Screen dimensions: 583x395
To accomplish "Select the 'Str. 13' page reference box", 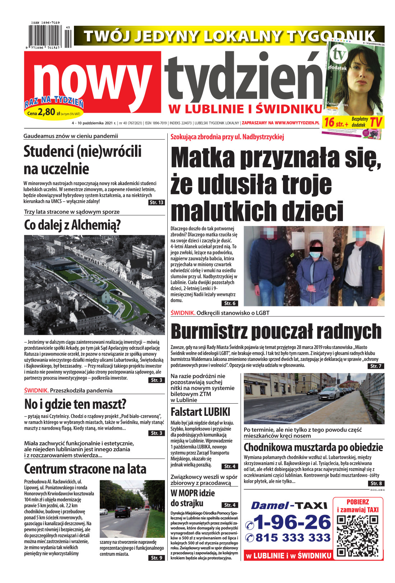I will pyautogui.click(x=156, y=202).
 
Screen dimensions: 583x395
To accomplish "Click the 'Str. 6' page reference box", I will pyautogui.click(x=229, y=303).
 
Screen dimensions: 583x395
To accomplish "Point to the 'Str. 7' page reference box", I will pyautogui.click(x=376, y=366).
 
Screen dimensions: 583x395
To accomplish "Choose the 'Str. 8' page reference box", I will pyautogui.click(x=376, y=483).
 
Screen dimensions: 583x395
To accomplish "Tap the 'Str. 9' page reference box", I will pyautogui.click(x=157, y=558).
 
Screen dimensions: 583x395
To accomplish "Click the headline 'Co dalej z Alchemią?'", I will pyautogui.click(x=72, y=225).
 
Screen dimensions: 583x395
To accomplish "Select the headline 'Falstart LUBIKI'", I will pyautogui.click(x=200, y=412).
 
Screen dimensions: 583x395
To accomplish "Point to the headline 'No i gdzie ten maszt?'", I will pyautogui.click(x=75, y=404).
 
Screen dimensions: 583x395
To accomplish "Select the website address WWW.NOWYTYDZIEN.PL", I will pyautogui.click(x=297, y=123).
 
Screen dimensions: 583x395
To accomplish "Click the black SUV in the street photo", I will pyautogui.click(x=122, y=511).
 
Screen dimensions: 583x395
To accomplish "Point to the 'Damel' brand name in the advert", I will pyautogui.click(x=270, y=506).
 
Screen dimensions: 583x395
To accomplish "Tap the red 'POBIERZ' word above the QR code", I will pyautogui.click(x=358, y=502).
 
